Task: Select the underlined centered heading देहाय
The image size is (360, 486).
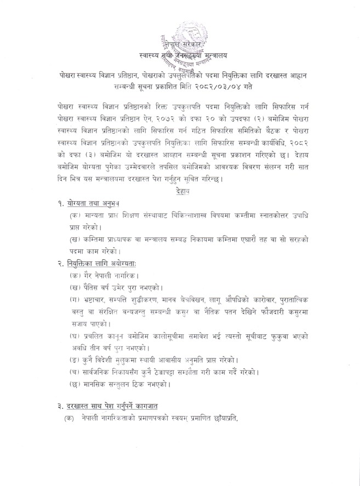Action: click(178, 193)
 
